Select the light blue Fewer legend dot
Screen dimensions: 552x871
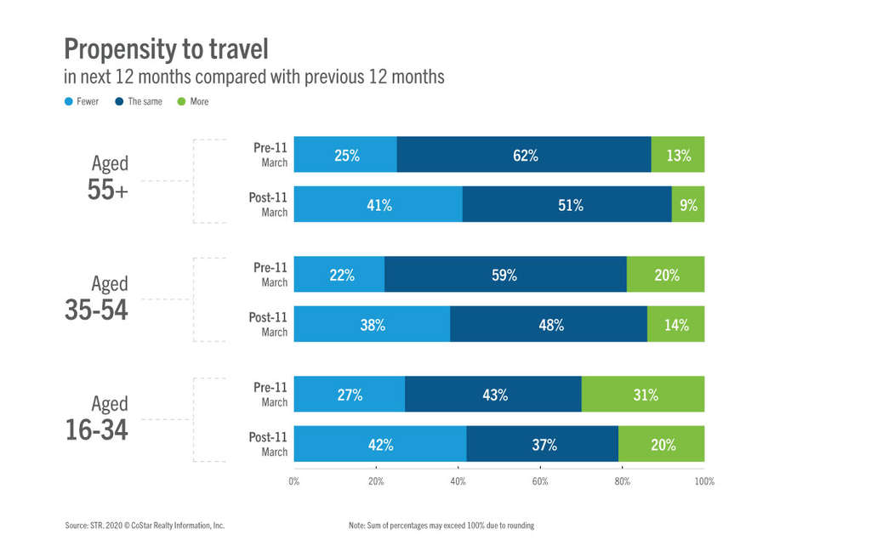(x=69, y=101)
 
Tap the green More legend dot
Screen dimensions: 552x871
(x=180, y=101)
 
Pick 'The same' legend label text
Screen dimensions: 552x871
(x=145, y=101)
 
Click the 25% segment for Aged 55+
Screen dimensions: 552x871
(x=345, y=155)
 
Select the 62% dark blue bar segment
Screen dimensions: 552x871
(x=524, y=155)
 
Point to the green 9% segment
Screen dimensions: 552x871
(x=688, y=204)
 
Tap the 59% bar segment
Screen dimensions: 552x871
(x=505, y=275)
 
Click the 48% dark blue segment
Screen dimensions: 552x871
(x=549, y=324)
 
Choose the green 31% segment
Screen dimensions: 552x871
(x=643, y=395)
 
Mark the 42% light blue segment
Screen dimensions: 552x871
(x=380, y=444)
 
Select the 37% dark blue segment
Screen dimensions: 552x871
(x=543, y=444)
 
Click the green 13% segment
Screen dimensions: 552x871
(x=678, y=155)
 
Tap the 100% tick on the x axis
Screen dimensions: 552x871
(x=704, y=481)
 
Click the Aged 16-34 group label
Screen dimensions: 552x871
(x=97, y=418)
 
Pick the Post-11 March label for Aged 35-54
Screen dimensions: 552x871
(x=268, y=324)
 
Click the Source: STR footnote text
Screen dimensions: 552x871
(x=145, y=526)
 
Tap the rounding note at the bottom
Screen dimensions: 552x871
(x=441, y=526)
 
